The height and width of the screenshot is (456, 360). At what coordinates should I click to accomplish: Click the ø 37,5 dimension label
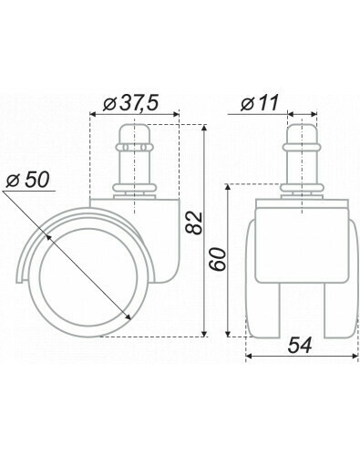tap(130, 103)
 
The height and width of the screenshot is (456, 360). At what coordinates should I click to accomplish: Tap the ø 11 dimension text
tap(260, 103)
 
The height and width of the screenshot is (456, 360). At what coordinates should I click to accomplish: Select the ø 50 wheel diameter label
tap(27, 181)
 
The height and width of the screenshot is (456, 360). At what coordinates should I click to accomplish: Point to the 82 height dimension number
tap(194, 223)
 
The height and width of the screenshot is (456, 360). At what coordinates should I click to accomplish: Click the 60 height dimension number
tap(218, 259)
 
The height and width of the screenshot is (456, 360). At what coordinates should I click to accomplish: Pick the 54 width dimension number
tap(300, 346)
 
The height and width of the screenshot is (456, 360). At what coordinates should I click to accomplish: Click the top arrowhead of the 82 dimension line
tap(204, 128)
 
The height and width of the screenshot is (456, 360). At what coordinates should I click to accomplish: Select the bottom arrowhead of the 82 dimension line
tap(204, 333)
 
